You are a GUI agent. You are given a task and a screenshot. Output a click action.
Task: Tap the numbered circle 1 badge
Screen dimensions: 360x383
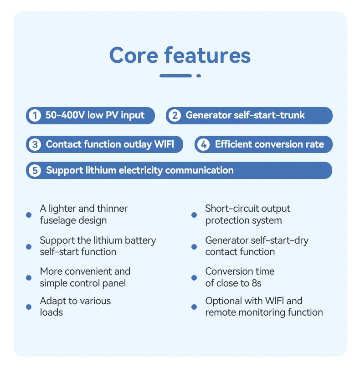click(34, 116)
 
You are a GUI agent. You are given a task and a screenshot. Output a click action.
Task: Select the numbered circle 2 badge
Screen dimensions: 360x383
click(174, 116)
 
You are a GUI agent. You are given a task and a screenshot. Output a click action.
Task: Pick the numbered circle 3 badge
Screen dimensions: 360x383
click(34, 145)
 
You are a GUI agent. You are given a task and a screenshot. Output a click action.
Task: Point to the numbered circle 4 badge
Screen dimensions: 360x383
click(203, 145)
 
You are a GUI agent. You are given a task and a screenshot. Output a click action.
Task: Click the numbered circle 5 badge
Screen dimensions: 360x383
click(34, 171)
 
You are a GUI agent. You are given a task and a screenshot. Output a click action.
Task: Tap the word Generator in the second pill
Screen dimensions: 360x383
click(208, 115)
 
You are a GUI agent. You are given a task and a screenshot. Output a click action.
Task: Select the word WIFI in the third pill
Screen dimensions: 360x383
click(164, 145)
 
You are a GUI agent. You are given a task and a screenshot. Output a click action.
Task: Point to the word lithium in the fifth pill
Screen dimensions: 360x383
click(101, 170)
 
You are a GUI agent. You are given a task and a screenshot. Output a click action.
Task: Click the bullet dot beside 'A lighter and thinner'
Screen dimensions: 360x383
click(29, 214)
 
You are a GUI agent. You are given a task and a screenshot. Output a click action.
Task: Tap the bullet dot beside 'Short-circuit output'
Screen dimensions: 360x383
click(194, 214)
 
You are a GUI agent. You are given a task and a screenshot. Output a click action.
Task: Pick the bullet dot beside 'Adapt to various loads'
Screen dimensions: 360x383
click(29, 307)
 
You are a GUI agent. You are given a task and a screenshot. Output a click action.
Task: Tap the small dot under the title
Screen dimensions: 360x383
click(199, 76)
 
